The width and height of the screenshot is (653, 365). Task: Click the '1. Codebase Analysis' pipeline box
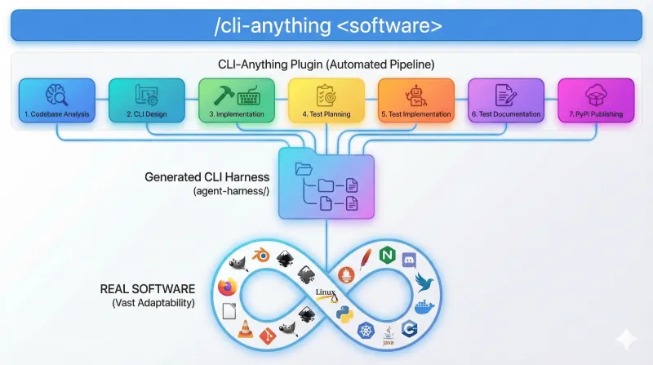[x=56, y=100]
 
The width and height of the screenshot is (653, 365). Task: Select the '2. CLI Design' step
[x=145, y=100]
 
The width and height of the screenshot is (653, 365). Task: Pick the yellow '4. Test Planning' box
[x=325, y=100]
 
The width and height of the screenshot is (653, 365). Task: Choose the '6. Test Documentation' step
[x=505, y=100]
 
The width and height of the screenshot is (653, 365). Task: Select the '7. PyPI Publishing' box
[x=595, y=100]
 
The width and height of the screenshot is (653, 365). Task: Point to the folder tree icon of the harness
[x=326, y=187]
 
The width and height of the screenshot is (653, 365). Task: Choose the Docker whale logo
[x=423, y=309]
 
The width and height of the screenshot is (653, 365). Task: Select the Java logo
[x=391, y=332]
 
